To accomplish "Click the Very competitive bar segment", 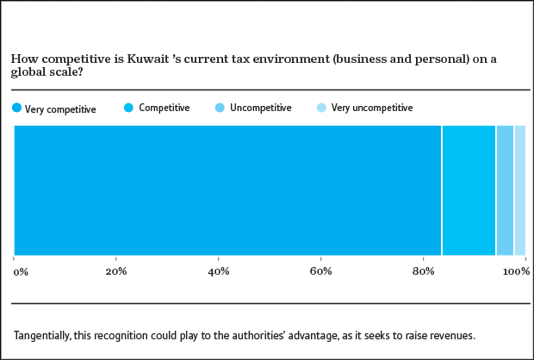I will pos(227,190).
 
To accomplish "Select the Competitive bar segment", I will pos(469,190).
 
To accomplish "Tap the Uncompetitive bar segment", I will pos(505,190).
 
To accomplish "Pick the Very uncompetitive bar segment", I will pos(519,190).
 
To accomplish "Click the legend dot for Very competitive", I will pos(16,109).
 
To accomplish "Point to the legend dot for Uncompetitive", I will pos(220,109).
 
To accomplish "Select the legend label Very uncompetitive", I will pos(372,109).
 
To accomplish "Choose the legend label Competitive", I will pos(164,109).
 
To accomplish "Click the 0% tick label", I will pos(21,272).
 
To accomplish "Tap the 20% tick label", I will pos(116,272).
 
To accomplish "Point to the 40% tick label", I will pos(219,272).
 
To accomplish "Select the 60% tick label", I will pos(320,272).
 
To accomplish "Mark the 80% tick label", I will pos(423,272).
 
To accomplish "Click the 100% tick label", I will pos(516,272).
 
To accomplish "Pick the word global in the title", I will pos(28,72).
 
